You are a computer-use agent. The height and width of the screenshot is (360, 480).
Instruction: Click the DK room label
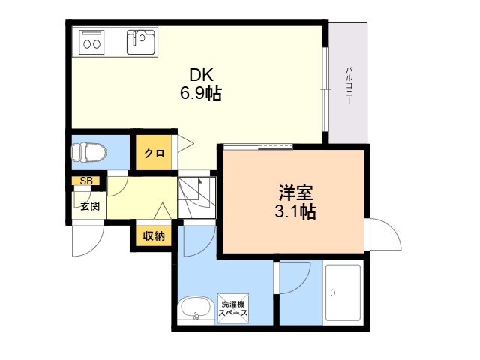tap(201, 75)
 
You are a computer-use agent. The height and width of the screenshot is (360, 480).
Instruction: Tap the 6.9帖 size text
tap(201, 93)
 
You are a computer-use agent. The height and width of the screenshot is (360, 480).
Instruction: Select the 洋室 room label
tap(295, 193)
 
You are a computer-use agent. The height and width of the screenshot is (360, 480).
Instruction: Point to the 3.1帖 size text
tap(295, 211)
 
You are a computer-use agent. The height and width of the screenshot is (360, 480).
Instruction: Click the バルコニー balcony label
tap(349, 86)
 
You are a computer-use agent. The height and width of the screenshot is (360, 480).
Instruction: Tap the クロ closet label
tap(154, 153)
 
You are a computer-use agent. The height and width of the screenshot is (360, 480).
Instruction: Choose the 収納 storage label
tap(154, 235)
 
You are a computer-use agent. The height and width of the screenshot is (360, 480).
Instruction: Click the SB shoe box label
tap(86, 181)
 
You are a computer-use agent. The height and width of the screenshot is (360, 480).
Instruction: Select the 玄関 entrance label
tap(90, 206)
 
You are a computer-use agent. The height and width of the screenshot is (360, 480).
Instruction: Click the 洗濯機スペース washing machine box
tap(233, 308)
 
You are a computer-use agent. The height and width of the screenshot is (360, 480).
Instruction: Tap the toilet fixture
tap(89, 152)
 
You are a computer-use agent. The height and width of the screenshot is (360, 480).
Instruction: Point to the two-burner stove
tap(91, 43)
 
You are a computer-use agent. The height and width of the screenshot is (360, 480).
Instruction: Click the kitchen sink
tap(141, 42)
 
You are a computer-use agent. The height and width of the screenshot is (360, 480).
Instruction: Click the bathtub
tap(343, 292)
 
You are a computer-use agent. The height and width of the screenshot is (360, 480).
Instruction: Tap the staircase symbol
tap(196, 197)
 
